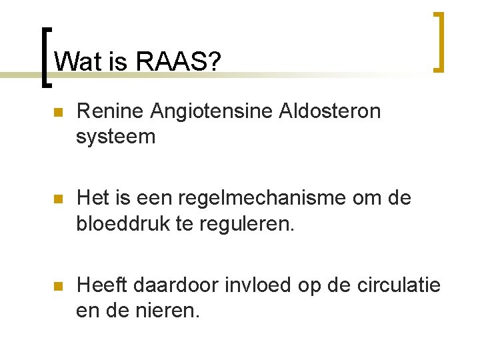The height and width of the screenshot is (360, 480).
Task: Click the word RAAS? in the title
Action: tap(178, 62)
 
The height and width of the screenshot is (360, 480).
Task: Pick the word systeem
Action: tap(115, 137)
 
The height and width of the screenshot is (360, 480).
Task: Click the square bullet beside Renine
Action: tap(57, 113)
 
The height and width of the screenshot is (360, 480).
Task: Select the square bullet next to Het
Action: tap(57, 199)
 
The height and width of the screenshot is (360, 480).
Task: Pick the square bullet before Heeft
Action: tap(57, 286)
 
